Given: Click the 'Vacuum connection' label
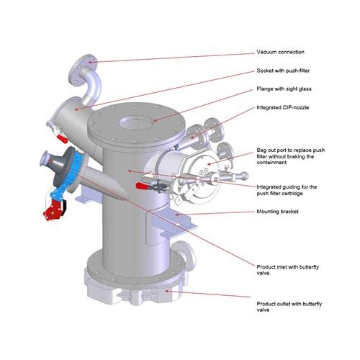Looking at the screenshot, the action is (280, 52).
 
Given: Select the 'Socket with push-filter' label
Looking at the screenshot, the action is (283, 71).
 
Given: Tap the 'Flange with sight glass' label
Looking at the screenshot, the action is (284, 89).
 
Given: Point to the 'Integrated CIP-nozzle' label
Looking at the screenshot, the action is (283, 107).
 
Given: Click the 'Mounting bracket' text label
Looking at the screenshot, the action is (277, 212).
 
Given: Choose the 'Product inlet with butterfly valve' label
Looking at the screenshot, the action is (287, 270).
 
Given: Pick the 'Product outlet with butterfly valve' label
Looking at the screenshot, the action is (289, 307).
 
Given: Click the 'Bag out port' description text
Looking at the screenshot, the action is (291, 156).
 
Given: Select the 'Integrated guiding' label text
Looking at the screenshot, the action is (287, 190).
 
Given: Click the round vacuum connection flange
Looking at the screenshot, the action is (82, 69).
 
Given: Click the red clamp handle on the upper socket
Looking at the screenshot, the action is (62, 139).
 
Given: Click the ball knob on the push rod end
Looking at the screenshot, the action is (245, 176).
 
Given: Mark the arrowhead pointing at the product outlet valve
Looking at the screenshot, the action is (167, 291).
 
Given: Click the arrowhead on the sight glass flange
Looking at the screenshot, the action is (156, 120).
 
